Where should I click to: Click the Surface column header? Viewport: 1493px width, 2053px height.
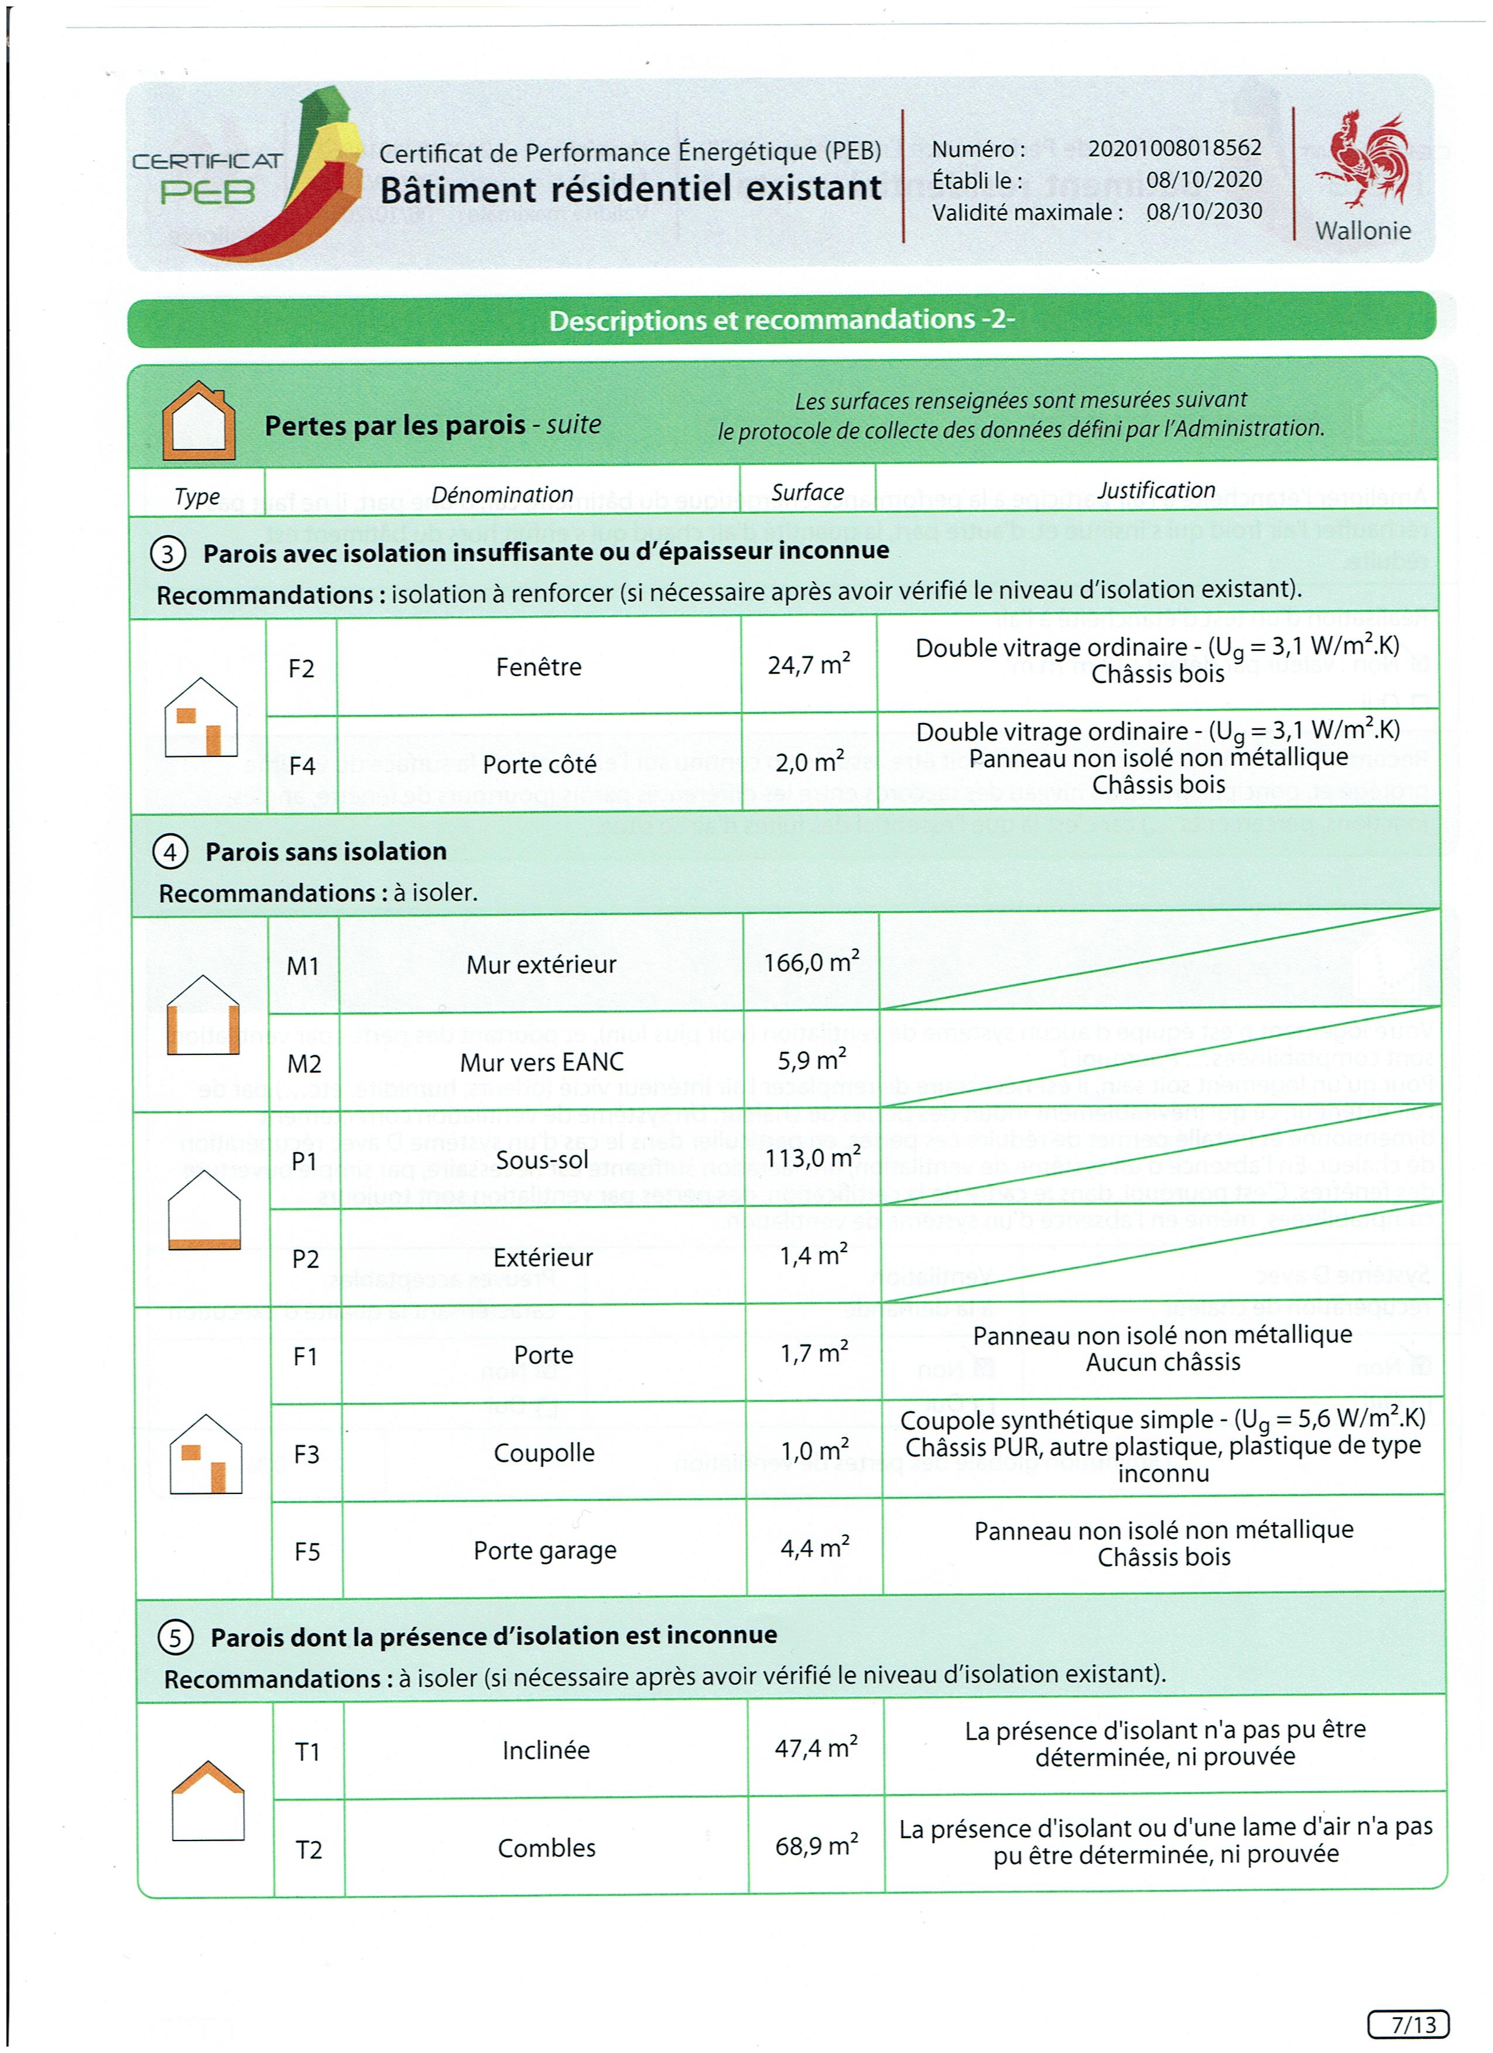807,492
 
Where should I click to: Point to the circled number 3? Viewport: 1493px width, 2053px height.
169,553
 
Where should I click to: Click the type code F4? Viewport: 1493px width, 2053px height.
302,766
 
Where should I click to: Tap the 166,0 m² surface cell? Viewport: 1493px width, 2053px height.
811,962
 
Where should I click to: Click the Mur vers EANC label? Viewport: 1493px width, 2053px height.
542,1062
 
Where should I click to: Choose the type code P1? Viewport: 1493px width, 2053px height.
304,1161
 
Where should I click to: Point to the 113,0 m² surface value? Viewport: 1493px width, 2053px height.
812,1159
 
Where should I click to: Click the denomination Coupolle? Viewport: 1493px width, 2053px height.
544,1453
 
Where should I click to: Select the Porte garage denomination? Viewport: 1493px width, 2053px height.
545,1551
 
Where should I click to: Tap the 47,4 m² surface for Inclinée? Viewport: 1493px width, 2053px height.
816,1748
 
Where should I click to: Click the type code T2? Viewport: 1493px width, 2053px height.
309,1849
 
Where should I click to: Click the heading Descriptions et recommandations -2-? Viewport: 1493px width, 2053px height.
782,320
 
